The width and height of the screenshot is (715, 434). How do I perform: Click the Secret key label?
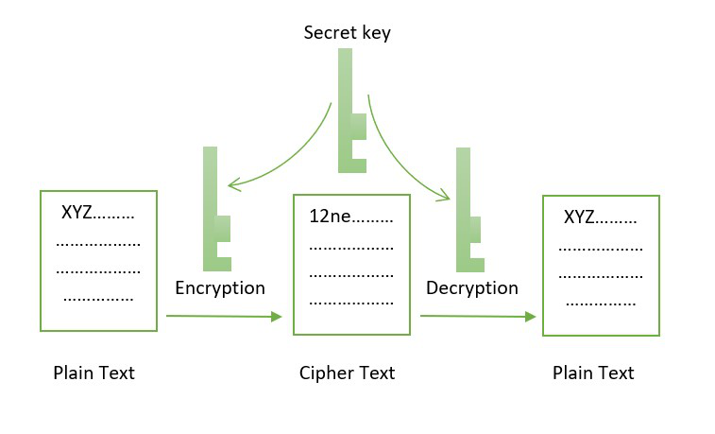(x=347, y=33)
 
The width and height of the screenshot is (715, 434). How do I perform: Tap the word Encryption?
(x=220, y=288)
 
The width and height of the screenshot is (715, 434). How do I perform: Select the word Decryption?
(x=472, y=288)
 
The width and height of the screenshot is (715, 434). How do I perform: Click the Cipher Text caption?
(x=347, y=373)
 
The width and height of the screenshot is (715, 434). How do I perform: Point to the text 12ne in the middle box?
(x=330, y=217)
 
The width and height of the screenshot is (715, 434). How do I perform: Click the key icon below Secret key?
(x=352, y=111)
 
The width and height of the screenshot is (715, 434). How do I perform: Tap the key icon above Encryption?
(x=217, y=209)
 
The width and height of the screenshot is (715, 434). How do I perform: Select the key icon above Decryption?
(x=470, y=210)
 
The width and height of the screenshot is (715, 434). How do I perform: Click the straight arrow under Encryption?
(x=225, y=316)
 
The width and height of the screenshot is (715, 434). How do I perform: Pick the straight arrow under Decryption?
(x=478, y=316)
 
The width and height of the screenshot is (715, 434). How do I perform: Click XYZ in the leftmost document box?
(x=77, y=213)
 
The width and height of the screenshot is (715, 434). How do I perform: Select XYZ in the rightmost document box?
(x=579, y=217)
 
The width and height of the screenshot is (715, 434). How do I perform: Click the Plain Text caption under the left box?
(x=94, y=373)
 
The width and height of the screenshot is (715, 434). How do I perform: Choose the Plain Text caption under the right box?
(x=593, y=373)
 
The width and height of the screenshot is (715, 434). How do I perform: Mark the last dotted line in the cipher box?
(x=351, y=303)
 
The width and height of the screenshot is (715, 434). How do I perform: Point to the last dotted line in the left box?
(x=98, y=300)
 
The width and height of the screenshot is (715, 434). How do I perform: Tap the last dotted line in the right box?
(x=601, y=304)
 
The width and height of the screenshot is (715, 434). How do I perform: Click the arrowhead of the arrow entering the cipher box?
(x=277, y=316)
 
